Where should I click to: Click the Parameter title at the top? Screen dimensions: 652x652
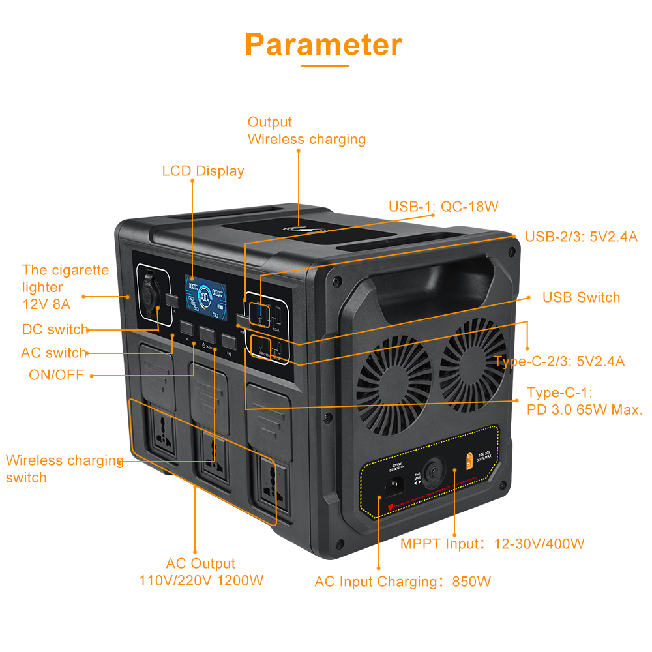click(324, 44)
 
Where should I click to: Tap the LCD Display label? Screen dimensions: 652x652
click(203, 171)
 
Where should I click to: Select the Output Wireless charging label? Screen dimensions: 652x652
click(306, 130)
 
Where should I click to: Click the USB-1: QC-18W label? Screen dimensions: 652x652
click(443, 207)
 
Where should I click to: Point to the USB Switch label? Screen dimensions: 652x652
click(581, 297)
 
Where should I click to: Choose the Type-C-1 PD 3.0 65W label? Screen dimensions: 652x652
click(584, 401)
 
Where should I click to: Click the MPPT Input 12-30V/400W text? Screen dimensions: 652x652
click(492, 543)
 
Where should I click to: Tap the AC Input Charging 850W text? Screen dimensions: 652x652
click(402, 582)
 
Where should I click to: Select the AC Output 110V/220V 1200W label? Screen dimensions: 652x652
click(201, 572)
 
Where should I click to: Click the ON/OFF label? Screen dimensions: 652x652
click(56, 375)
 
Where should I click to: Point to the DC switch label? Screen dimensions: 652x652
click(55, 329)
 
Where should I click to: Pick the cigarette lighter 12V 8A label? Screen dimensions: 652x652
click(65, 286)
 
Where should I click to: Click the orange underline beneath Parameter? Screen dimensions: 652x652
click(324, 65)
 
